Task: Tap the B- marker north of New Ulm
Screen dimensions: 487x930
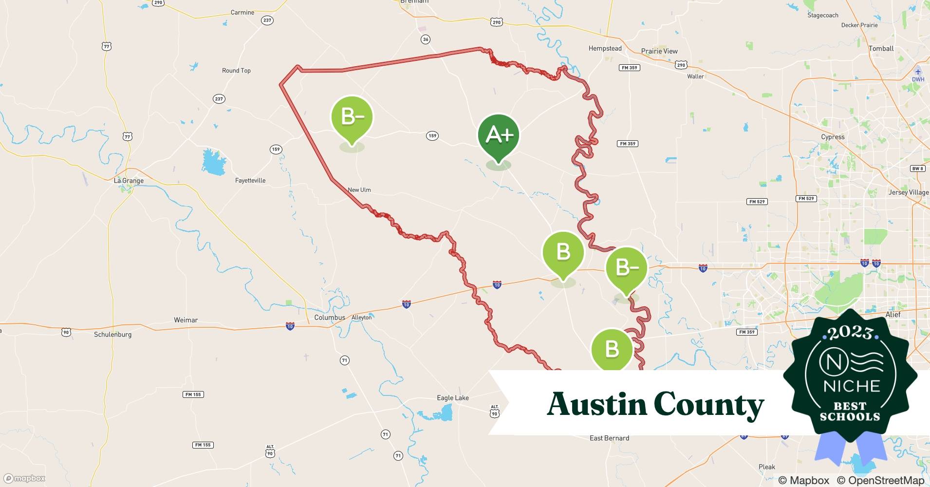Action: (x=352, y=118)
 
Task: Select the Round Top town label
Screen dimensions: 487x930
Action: (x=236, y=71)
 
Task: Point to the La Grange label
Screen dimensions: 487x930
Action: (x=129, y=181)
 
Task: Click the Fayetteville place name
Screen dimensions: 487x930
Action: (x=250, y=181)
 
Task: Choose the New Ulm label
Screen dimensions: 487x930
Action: (x=359, y=190)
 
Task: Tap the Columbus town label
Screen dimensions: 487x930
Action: (x=330, y=318)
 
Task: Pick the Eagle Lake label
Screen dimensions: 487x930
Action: (x=453, y=398)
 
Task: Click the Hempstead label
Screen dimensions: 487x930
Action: (x=605, y=49)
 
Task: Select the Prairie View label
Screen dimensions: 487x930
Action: (x=659, y=51)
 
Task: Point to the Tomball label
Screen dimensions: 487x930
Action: (x=881, y=49)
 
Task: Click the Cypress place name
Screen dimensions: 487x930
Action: (x=833, y=137)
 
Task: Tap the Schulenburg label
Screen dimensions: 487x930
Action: (x=112, y=335)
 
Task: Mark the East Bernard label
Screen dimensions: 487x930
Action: (x=609, y=438)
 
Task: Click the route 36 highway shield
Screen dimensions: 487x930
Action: (x=426, y=39)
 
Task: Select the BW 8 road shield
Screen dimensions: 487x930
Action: (x=917, y=169)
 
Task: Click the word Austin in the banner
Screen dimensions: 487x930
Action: (x=596, y=404)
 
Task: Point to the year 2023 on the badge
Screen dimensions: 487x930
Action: (x=850, y=333)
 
